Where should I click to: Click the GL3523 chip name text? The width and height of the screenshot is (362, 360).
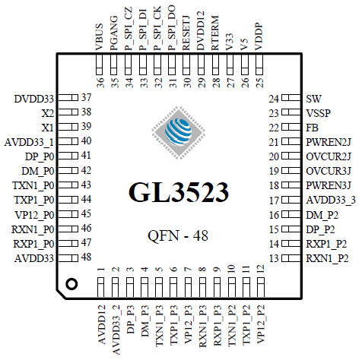coord(180,191)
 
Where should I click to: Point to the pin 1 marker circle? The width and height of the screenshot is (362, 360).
coord(71,284)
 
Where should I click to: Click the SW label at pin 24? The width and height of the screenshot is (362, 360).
coord(313,99)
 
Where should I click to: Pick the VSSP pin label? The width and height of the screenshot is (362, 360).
coord(319,112)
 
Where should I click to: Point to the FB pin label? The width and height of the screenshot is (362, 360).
coord(313,127)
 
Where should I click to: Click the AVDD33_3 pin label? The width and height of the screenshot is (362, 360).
coord(331,201)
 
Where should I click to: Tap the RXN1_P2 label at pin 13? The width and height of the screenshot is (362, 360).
coord(328,259)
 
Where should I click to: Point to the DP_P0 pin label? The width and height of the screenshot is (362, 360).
coord(38,156)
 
